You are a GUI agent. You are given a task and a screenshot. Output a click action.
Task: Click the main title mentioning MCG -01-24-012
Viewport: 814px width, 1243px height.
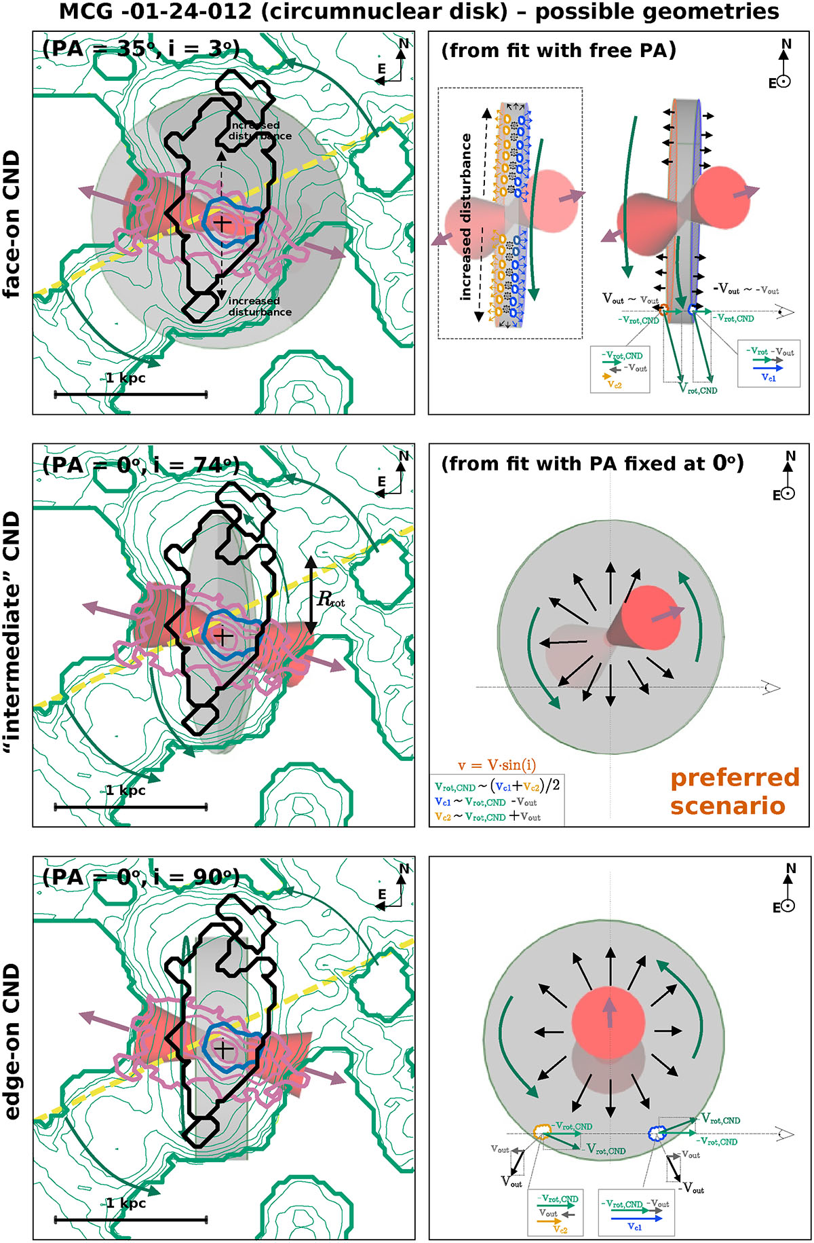click(419, 12)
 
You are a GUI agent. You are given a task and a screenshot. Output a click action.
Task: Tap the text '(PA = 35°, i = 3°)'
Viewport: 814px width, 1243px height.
click(141, 49)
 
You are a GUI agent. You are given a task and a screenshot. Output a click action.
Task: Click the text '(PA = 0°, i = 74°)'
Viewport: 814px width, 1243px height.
click(141, 465)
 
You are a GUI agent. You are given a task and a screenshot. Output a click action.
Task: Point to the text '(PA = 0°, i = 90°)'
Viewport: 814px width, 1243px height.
click(141, 877)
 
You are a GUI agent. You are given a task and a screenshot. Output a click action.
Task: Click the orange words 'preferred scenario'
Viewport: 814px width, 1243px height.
click(735, 792)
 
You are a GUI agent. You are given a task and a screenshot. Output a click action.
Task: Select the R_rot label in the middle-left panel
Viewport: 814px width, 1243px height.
click(331, 599)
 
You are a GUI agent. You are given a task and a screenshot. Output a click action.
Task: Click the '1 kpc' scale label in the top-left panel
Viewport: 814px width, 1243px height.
click(125, 378)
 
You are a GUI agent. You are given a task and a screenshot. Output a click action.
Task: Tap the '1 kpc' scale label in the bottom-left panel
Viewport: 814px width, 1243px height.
click(125, 1203)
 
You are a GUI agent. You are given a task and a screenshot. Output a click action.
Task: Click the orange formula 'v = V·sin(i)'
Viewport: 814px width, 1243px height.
click(497, 765)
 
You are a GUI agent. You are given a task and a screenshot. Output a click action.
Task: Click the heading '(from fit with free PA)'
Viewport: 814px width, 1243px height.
click(558, 50)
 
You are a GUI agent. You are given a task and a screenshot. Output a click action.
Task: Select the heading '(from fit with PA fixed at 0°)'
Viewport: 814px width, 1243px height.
click(592, 464)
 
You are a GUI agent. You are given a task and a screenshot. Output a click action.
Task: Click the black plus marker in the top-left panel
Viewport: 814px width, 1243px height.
click(222, 222)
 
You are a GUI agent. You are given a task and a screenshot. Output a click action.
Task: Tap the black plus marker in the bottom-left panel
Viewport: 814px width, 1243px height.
click(223, 1049)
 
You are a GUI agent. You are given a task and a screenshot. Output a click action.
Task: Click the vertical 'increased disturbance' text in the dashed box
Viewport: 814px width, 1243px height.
click(466, 217)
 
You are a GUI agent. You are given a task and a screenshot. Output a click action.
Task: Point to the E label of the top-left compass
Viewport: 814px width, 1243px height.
click(381, 69)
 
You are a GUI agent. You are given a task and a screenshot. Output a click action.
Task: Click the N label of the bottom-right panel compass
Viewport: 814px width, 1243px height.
click(790, 868)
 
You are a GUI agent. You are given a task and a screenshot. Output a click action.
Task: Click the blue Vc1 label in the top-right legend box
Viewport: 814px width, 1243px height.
click(769, 378)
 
